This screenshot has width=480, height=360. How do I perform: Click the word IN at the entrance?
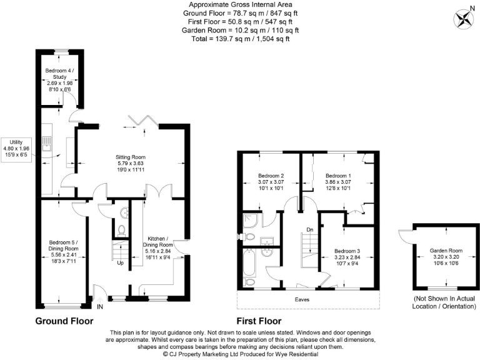[x=99, y=307]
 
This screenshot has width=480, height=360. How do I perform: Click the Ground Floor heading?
[x=64, y=321]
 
